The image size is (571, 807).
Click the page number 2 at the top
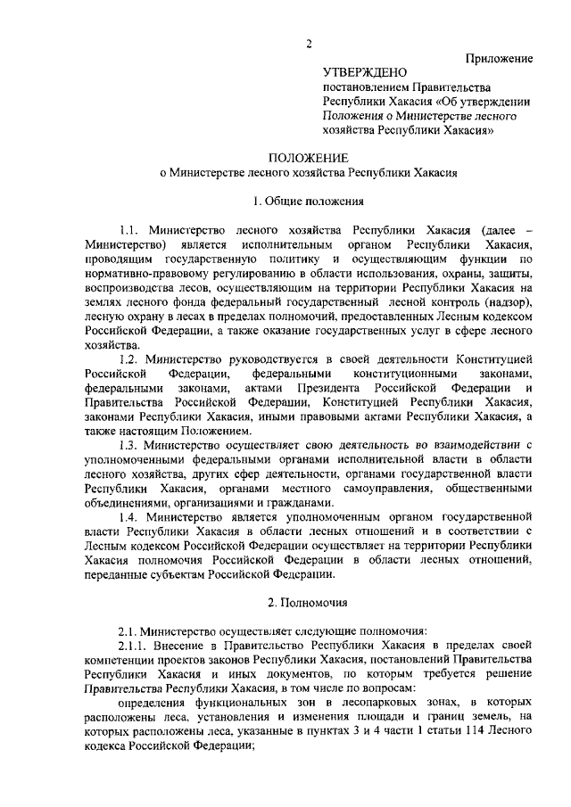point(308,45)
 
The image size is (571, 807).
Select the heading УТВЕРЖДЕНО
point(364,72)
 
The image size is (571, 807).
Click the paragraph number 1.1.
point(132,229)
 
